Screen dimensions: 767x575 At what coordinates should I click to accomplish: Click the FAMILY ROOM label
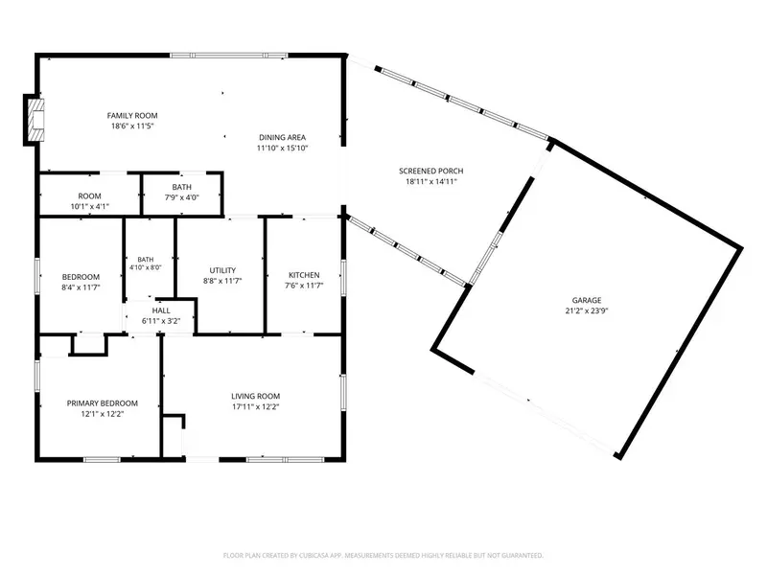coord(132,116)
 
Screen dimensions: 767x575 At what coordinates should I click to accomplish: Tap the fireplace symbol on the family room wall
coord(35,121)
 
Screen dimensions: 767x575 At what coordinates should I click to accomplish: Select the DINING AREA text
coord(282,137)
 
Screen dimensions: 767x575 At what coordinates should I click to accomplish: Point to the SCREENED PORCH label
coord(430,172)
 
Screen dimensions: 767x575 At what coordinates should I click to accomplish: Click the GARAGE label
coord(587,300)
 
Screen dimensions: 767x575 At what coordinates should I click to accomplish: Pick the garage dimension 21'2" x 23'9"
coord(587,310)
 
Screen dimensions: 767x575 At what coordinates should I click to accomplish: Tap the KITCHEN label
coord(304,275)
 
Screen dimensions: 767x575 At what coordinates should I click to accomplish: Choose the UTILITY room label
coord(222,270)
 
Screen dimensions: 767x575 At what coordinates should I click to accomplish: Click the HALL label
coord(161,310)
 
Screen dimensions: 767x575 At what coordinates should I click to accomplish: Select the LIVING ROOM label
coord(255,396)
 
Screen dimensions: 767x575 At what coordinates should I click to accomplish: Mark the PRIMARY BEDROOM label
coord(103,403)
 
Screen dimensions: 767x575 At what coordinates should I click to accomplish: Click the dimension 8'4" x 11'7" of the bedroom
coord(81,287)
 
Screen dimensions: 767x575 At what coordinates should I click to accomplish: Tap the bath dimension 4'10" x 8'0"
coord(146,267)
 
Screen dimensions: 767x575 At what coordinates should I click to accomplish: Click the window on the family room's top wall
coord(229,56)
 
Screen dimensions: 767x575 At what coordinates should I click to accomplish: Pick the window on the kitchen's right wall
coord(343,278)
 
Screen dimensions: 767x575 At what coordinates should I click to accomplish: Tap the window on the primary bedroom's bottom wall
coord(103,459)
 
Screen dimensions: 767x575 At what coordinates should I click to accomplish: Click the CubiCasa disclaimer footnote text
coord(383,556)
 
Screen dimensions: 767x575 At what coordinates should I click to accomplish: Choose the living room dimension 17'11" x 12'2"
coord(255,406)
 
